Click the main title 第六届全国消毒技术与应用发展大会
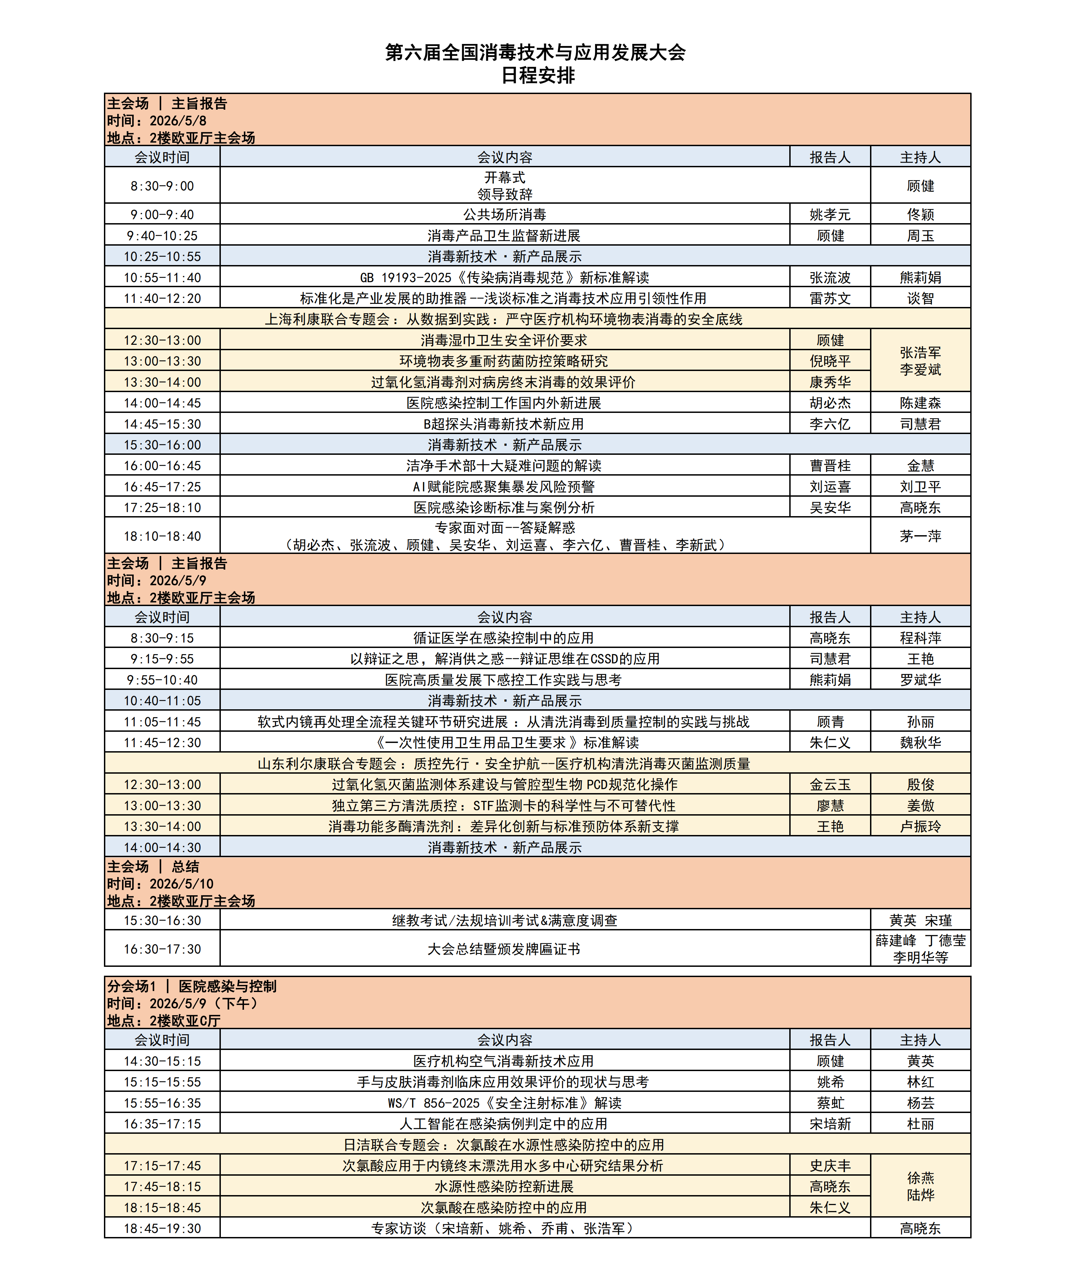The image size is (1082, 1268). pyautogui.click(x=535, y=52)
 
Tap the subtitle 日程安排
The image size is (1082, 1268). pyautogui.click(x=538, y=76)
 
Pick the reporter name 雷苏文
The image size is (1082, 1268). pyautogui.click(x=830, y=299)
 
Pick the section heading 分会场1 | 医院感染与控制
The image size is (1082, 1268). pyautogui.click(x=192, y=987)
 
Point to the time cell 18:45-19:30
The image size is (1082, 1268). pyautogui.click(x=162, y=1228)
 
